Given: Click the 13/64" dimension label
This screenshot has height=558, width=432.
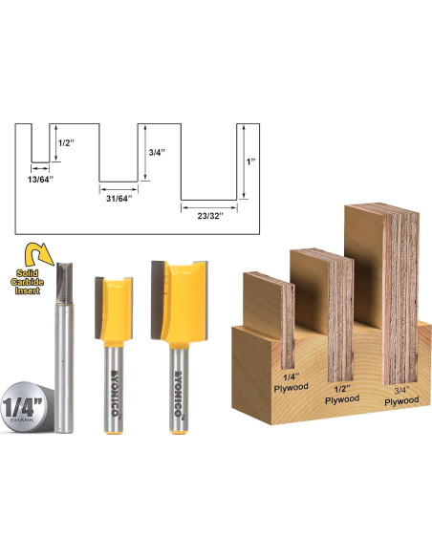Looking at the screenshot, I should (40, 178).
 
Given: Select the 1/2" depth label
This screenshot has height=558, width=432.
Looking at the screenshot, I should (65, 141).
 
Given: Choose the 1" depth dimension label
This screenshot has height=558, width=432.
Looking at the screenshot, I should (250, 162).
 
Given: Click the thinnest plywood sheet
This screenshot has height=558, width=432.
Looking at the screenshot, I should (269, 315).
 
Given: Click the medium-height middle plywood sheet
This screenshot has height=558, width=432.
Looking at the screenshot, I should (323, 306).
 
